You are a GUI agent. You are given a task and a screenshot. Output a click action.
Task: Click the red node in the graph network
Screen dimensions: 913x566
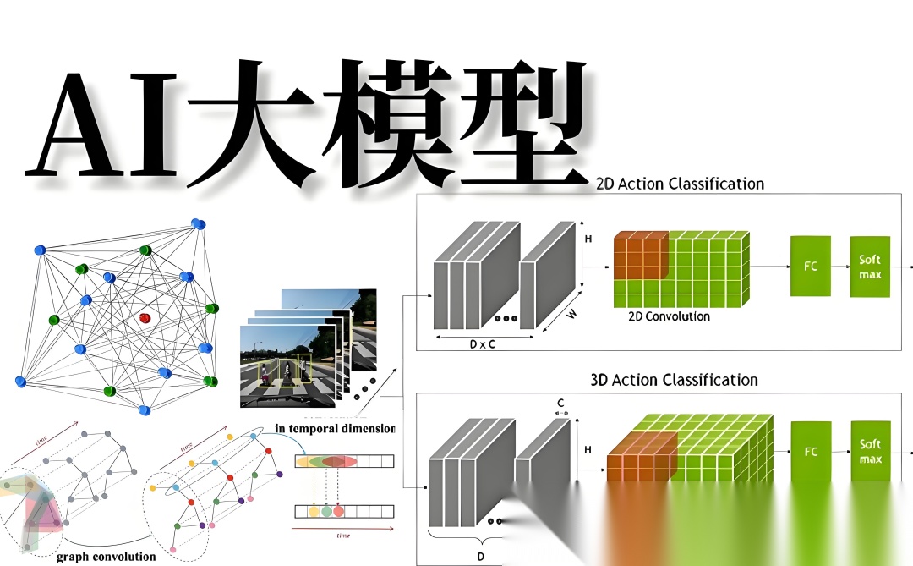[x=145, y=318]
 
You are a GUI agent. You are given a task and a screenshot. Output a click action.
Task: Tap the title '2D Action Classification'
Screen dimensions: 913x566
[x=680, y=184]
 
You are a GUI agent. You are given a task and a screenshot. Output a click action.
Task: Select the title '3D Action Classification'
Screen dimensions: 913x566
[x=674, y=380]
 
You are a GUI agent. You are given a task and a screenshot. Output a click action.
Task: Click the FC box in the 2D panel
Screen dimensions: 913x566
[x=811, y=266]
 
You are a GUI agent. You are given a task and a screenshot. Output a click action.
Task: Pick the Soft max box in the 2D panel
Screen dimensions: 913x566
[x=870, y=266]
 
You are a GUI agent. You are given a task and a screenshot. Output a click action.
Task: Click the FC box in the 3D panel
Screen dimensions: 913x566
[x=811, y=452]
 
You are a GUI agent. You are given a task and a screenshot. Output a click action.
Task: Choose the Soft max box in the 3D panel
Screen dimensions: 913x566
[x=870, y=452]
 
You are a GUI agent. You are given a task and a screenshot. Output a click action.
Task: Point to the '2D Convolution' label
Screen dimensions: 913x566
[x=669, y=316]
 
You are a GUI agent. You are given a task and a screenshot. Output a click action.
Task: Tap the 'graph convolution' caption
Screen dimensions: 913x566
[x=106, y=556]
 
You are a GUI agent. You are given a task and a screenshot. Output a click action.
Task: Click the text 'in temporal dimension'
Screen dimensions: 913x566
[x=335, y=428]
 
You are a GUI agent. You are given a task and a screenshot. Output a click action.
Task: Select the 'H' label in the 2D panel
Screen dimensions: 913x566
[x=588, y=239]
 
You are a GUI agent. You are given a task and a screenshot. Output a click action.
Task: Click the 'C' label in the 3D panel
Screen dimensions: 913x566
[x=560, y=403]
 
